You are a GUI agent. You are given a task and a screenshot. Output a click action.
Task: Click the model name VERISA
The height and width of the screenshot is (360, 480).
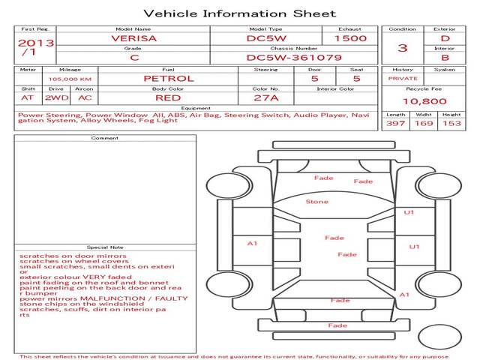pos(135,37)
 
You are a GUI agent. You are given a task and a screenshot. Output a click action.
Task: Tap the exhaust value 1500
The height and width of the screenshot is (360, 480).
pos(350,37)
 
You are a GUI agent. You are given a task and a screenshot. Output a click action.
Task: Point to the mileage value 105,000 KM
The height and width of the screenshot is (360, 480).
pos(70,79)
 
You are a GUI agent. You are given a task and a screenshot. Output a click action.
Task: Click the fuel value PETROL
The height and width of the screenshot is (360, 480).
pos(168,78)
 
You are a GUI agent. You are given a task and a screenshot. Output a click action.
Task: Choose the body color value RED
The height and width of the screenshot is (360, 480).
pos(168,97)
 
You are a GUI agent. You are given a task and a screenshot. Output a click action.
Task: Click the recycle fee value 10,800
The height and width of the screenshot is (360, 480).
pos(424,101)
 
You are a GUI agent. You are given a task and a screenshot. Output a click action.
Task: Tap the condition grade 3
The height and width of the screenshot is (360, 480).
pos(402,47)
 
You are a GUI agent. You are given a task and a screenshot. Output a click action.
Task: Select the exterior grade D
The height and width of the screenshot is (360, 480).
pos(445,37)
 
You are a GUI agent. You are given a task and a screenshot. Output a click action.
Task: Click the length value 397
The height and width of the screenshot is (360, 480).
pos(396,124)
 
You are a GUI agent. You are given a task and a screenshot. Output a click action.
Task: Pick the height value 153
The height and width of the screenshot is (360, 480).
pos(451,124)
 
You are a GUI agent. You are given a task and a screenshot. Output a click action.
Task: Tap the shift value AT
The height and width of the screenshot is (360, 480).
pos(28,97)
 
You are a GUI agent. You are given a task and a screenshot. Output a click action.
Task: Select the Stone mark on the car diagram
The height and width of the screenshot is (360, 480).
pos(316,202)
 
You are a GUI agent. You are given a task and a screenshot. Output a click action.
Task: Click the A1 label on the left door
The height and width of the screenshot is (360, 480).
pos(253,243)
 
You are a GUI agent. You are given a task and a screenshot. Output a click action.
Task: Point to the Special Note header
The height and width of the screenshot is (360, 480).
pos(104,247)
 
